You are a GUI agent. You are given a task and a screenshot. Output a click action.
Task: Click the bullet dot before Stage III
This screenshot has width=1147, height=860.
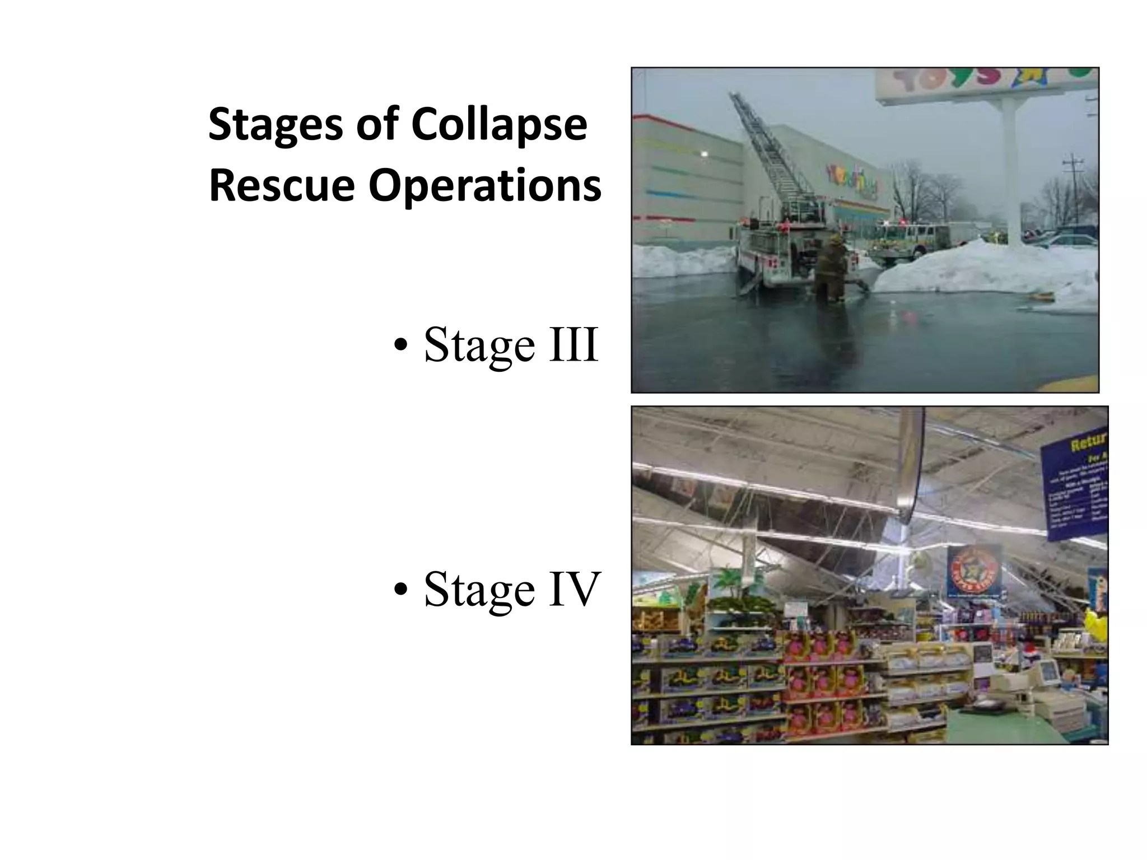399,347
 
